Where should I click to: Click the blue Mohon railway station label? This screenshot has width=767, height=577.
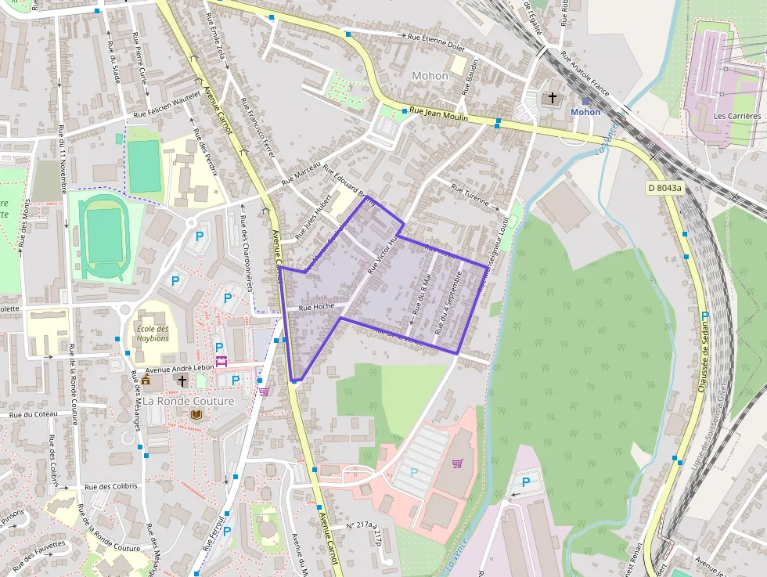point(585,112)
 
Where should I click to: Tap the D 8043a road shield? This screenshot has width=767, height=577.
point(664,188)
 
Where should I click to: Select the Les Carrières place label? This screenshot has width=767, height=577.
point(736,116)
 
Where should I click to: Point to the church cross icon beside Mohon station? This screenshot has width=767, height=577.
point(553,98)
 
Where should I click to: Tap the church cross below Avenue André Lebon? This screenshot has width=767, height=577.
point(182,380)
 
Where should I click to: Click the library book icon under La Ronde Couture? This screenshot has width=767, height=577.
point(195,414)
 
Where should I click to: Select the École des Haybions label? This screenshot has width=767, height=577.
point(153,334)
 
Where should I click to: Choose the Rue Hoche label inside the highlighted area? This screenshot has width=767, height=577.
point(317,307)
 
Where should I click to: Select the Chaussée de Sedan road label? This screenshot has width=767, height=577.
point(702,352)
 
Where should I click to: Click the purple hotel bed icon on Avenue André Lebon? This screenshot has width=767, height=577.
point(221,361)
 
